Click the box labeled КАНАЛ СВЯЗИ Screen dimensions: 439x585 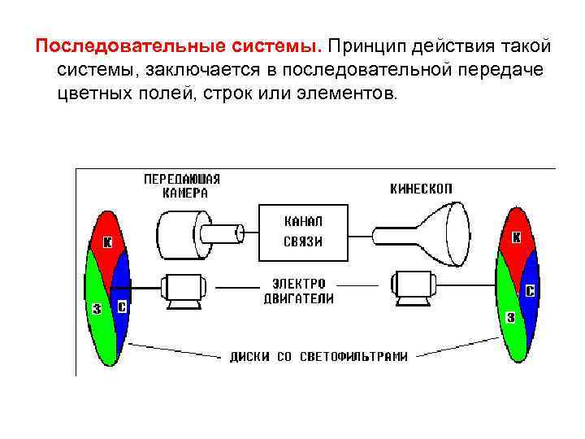(303, 231)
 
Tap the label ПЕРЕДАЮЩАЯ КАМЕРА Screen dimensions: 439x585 (182, 186)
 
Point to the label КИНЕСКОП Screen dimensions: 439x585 (421, 189)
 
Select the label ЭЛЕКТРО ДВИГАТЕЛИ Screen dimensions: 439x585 (298, 291)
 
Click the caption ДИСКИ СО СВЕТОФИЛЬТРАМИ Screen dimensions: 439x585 (318, 355)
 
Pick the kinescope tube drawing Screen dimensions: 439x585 (431, 233)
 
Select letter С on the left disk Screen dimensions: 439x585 (122, 307)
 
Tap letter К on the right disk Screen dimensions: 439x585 (516, 238)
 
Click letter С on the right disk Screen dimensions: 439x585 (530, 290)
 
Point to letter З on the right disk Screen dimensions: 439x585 (510, 318)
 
